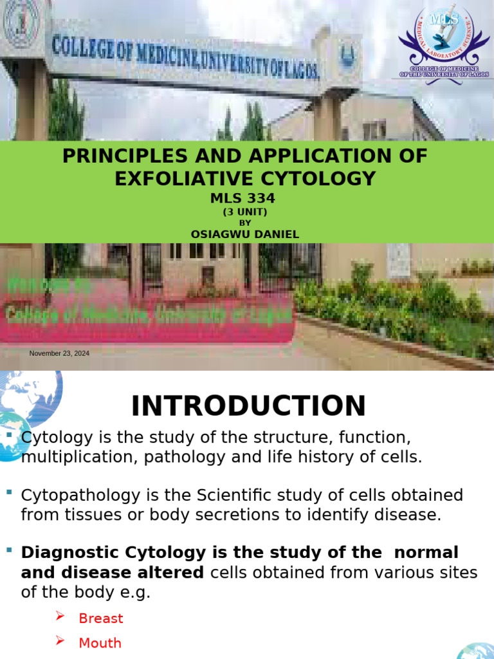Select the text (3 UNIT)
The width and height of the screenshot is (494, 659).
pos(244,212)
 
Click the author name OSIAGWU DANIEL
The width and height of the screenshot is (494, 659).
pos(244,234)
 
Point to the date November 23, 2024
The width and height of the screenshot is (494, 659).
pos(59,353)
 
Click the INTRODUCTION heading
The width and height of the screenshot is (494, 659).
pos(248,406)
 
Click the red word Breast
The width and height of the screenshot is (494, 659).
pos(100,618)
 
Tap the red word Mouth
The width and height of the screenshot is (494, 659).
pos(100,643)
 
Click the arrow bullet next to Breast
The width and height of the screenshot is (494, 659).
pos(60,617)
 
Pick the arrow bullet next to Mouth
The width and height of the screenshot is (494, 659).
pos(60,641)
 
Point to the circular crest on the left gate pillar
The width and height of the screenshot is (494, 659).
pos(21,23)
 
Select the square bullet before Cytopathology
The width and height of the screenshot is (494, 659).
pos(9,492)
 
